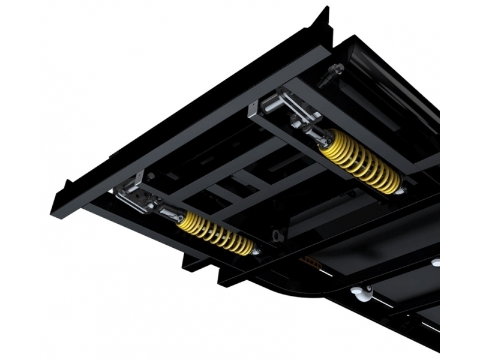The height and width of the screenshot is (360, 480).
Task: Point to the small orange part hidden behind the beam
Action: click(311, 260)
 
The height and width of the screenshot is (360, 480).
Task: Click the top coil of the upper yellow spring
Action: click(328, 139)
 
